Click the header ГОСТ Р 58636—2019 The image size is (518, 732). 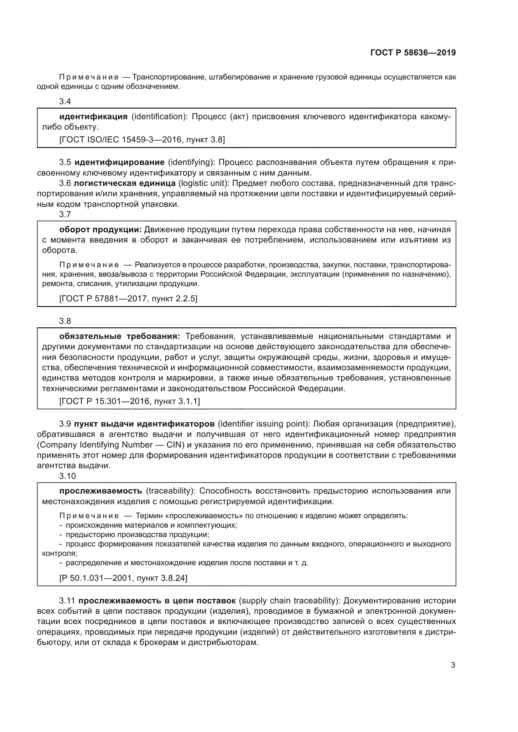[x=413, y=53]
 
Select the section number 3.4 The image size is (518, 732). [x=65, y=101]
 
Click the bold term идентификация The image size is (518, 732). [x=93, y=117]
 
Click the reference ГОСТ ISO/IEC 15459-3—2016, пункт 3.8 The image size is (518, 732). [x=142, y=139]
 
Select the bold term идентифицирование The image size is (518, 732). [x=120, y=162]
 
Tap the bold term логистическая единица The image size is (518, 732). [x=125, y=183]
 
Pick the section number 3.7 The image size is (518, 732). [x=65, y=214]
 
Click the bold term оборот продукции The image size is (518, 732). [x=101, y=229]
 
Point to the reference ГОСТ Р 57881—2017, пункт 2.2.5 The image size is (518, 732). [x=128, y=299]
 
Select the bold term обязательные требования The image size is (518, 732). [x=120, y=336]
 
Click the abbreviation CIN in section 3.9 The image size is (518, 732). [x=174, y=445]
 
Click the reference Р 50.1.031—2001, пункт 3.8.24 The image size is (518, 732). [x=123, y=578]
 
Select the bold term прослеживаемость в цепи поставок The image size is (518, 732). [x=157, y=601]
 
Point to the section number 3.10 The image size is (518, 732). [x=67, y=476]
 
